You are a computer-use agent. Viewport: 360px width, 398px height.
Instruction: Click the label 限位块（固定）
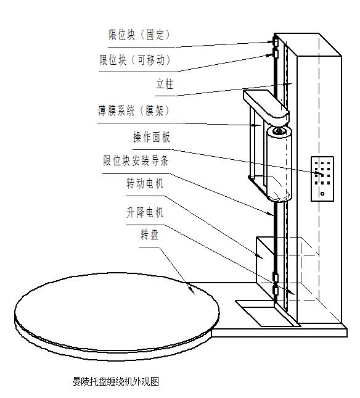point(139,35)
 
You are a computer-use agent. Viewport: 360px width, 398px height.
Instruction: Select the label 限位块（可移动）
point(135,60)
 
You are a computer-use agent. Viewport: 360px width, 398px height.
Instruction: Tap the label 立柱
point(165,84)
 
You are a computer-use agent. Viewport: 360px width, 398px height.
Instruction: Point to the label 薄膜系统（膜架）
point(134,110)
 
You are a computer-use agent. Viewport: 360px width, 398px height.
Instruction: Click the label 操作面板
point(152,137)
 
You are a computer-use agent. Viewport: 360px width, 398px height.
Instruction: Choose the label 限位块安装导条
point(136,160)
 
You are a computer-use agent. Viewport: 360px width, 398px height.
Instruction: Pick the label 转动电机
point(145,183)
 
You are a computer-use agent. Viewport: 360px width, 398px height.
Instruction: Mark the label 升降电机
point(145,212)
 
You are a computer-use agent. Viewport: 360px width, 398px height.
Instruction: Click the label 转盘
point(150,234)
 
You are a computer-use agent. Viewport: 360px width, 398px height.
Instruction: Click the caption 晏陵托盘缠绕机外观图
point(116,381)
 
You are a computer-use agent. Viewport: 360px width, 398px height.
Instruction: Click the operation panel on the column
point(322,179)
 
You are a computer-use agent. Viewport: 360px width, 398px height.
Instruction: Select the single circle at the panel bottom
point(322,194)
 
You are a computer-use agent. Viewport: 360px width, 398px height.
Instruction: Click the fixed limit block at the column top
point(274,41)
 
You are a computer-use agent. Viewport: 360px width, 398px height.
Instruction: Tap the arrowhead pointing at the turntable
point(192,291)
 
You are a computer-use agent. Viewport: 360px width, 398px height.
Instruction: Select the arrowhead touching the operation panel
point(319,174)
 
